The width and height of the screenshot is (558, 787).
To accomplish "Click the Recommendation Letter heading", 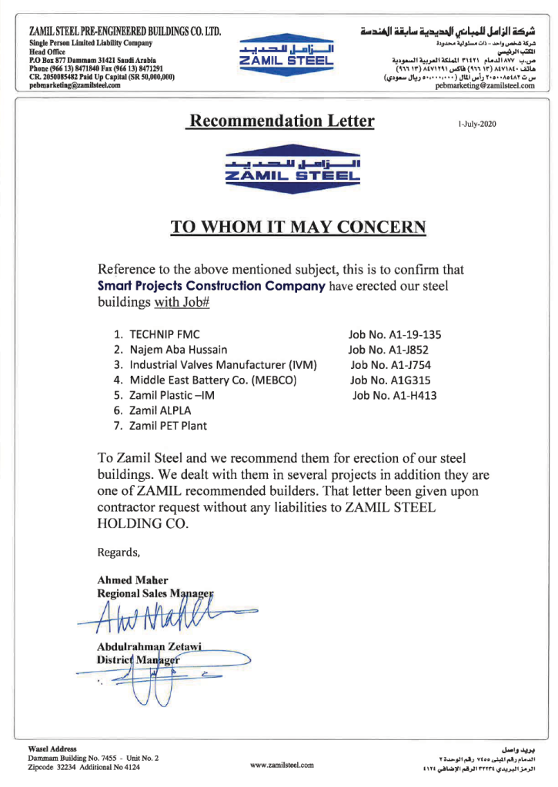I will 282,121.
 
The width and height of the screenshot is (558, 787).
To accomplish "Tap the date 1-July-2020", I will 477,124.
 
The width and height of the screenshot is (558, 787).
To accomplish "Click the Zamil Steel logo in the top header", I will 286,55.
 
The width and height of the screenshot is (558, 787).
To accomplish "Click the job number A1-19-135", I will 395,335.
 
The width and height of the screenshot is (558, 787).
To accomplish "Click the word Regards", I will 119,552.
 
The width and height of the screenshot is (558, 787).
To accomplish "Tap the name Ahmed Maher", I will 132,579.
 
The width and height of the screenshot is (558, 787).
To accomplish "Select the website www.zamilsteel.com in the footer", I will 282,765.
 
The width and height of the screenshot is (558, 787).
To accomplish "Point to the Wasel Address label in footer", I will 52,749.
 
